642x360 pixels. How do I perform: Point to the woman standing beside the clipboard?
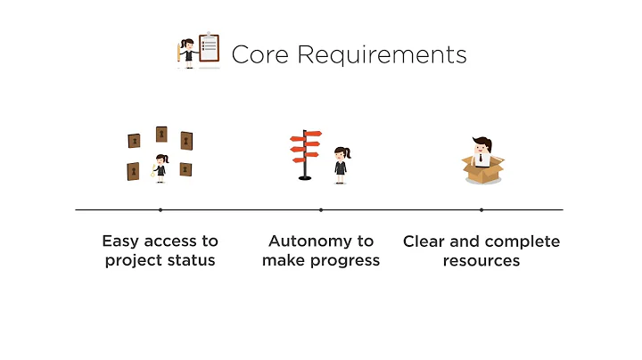click(x=188, y=52)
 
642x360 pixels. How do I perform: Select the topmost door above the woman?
click(x=161, y=134)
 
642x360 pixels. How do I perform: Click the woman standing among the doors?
click(x=160, y=168)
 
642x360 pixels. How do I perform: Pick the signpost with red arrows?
click(x=306, y=154)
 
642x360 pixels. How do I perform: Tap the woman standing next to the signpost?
click(x=341, y=165)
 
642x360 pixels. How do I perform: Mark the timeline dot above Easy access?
click(x=160, y=209)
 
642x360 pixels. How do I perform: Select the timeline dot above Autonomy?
click(x=321, y=209)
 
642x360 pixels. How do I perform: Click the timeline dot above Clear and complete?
click(x=481, y=209)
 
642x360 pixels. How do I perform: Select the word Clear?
click(x=424, y=241)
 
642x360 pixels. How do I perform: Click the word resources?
click(x=481, y=261)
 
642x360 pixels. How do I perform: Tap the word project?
click(x=131, y=261)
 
